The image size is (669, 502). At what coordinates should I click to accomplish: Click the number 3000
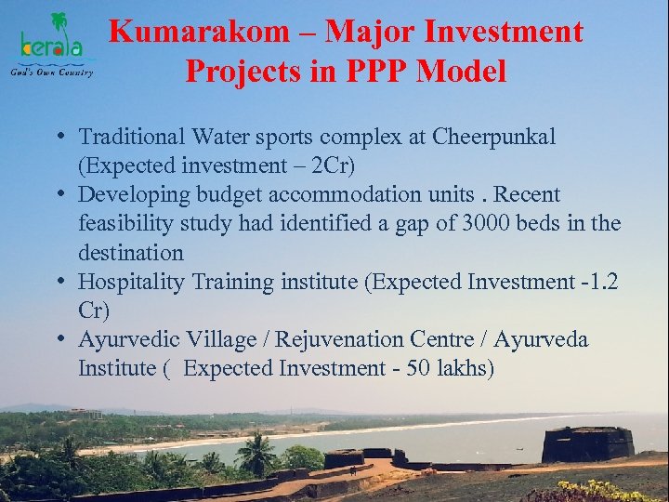coord(490,224)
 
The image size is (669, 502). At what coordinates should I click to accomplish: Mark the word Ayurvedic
coord(126,339)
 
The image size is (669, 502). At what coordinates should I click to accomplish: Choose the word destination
coord(131,253)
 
